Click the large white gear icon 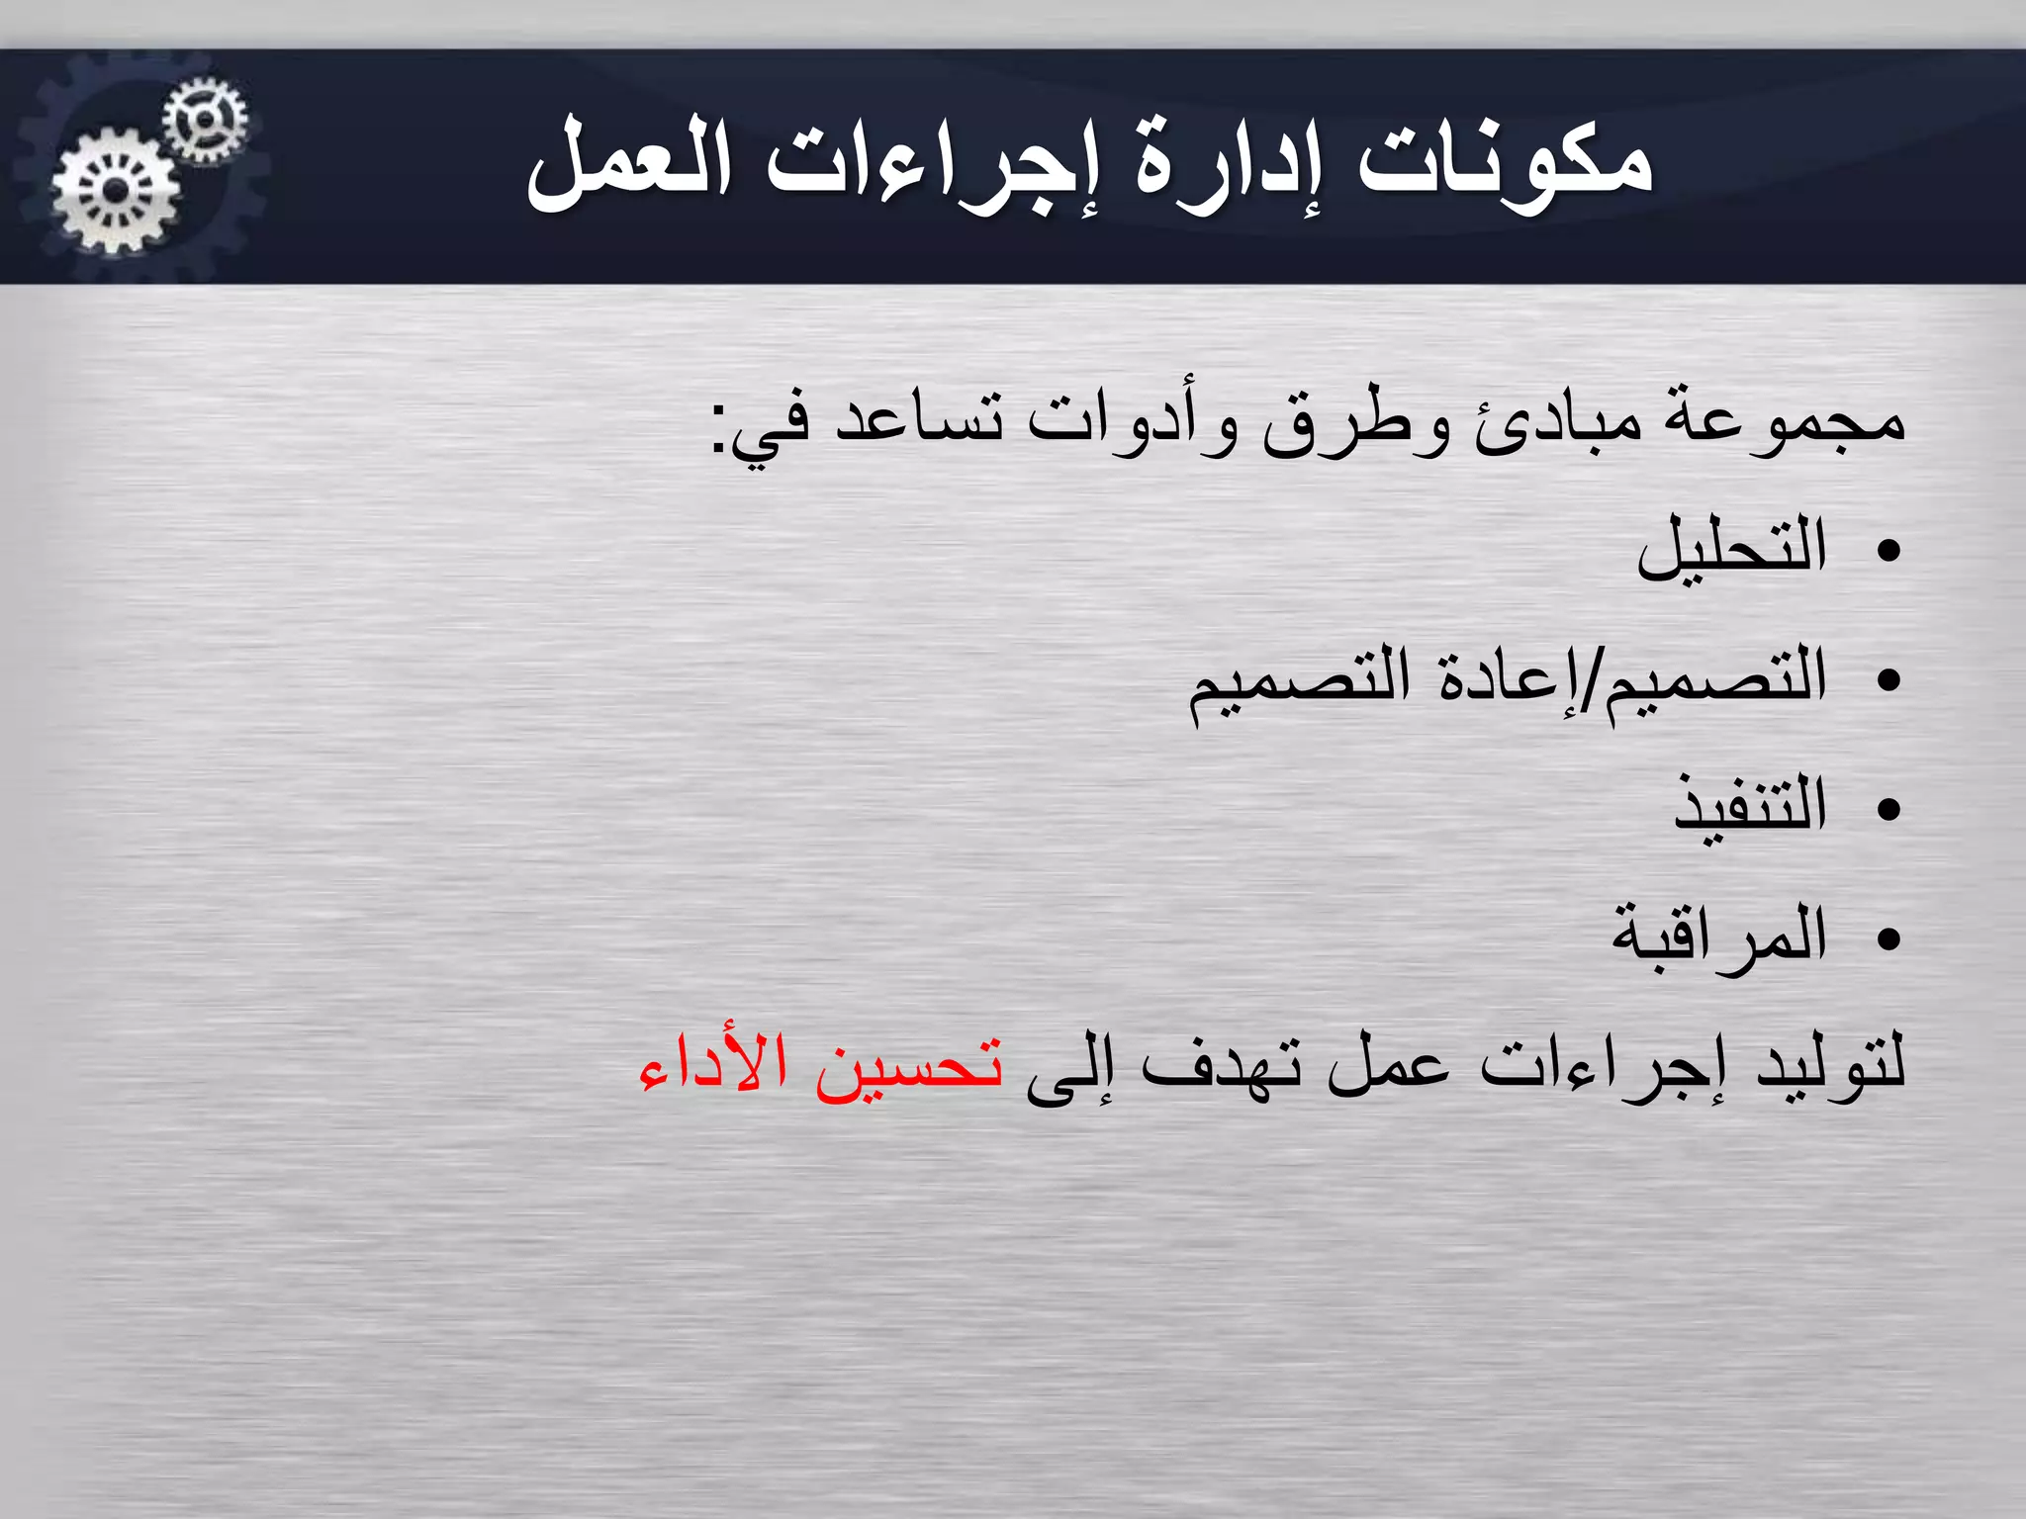(116, 191)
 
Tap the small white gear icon (205, 120)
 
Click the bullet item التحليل (1731, 549)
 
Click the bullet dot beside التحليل (1888, 552)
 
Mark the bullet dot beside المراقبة (1888, 938)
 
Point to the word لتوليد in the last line (1830, 1064)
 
